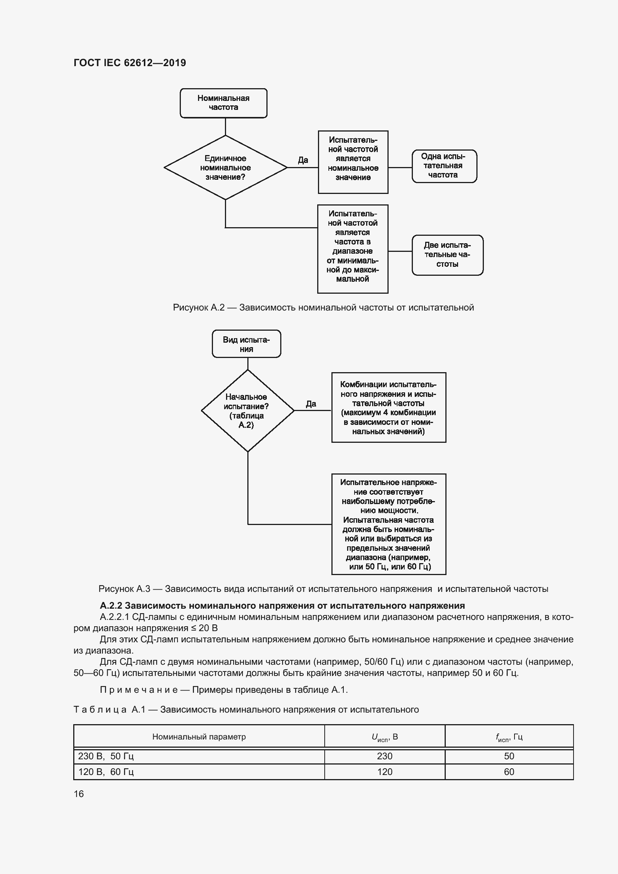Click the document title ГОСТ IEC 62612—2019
tap(130, 63)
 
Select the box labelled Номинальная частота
tap(223, 103)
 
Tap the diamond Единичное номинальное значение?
tap(225, 167)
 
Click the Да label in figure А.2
tap(303, 160)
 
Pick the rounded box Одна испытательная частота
tap(444, 166)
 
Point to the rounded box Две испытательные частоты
tap(447, 255)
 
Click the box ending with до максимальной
tap(352, 249)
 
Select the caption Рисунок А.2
tap(323, 308)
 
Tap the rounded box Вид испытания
tap(246, 344)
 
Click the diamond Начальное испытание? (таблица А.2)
tap(247, 411)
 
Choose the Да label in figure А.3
tap(311, 404)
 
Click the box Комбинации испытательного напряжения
tap(388, 408)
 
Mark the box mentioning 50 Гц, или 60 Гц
tap(388, 524)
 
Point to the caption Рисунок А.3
tap(323, 589)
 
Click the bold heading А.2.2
tap(282, 606)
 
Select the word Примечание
tap(139, 690)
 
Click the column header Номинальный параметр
tap(199, 736)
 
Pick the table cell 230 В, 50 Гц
tap(106, 756)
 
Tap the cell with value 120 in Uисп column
tap(384, 772)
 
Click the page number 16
tap(79, 794)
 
